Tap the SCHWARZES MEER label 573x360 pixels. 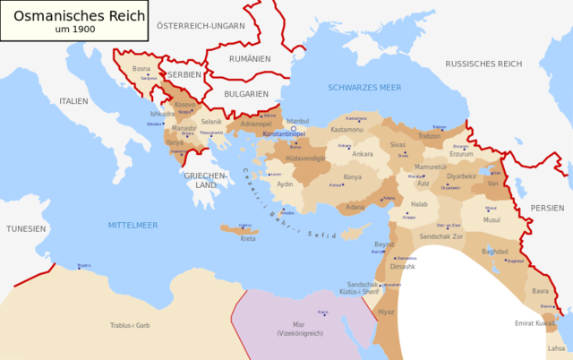tap(364, 88)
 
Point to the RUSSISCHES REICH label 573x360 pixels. tap(483, 64)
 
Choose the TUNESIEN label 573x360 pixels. tap(26, 228)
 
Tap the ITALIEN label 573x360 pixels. tap(74, 101)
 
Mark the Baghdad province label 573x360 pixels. tap(494, 252)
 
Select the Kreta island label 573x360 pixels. tap(248, 238)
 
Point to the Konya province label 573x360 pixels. tap(353, 176)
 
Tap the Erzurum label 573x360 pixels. tap(461, 153)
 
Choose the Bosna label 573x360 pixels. tap(141, 68)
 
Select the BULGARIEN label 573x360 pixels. tap(246, 93)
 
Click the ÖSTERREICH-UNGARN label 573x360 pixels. tap(200, 26)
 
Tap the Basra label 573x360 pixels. tap(540, 291)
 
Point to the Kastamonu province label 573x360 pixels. tap(347, 130)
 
